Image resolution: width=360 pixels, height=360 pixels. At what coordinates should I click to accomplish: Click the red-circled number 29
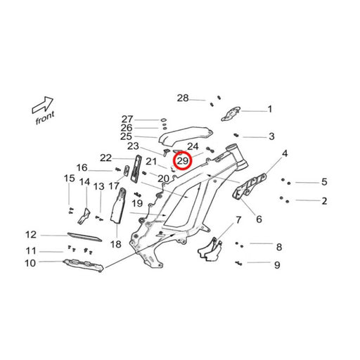click(183, 161)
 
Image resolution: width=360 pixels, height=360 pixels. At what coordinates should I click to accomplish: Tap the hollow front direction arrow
click(43, 105)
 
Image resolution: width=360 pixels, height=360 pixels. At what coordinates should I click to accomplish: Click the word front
click(45, 118)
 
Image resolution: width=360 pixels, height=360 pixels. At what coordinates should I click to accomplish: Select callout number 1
click(270, 109)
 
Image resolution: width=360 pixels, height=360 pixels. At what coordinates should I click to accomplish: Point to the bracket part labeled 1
click(231, 114)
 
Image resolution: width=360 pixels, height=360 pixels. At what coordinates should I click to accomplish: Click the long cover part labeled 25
click(186, 136)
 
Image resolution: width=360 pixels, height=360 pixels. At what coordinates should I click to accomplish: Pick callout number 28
click(183, 98)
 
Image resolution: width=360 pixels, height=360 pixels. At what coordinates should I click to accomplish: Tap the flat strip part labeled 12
click(84, 237)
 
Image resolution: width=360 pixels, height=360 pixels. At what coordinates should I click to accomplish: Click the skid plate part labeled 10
click(84, 265)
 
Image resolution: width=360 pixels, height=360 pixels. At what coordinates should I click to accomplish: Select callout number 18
click(116, 244)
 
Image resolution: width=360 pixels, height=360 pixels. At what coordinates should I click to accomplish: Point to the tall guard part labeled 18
click(119, 206)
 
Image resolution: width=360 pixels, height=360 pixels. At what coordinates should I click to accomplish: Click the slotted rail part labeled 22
click(136, 168)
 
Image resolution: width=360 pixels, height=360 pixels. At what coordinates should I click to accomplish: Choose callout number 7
click(238, 220)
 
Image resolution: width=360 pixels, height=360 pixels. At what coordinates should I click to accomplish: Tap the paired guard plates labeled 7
click(210, 250)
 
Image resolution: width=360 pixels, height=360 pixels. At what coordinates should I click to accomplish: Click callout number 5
click(324, 181)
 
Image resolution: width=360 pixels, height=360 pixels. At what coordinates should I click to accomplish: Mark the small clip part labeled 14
click(84, 217)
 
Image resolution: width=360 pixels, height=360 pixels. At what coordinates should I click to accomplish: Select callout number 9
click(277, 265)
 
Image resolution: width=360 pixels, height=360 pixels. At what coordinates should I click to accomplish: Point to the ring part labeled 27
click(164, 120)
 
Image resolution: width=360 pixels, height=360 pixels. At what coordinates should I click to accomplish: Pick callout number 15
click(70, 179)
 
